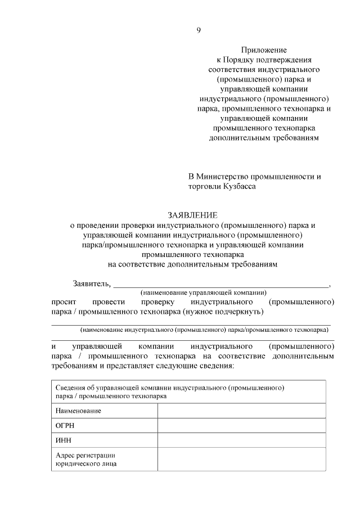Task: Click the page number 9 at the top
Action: click(x=199, y=30)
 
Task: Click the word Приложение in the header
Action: click(x=264, y=49)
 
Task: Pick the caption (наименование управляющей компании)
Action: click(x=202, y=292)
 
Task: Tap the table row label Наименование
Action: click(x=78, y=411)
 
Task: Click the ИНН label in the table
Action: click(x=64, y=440)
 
